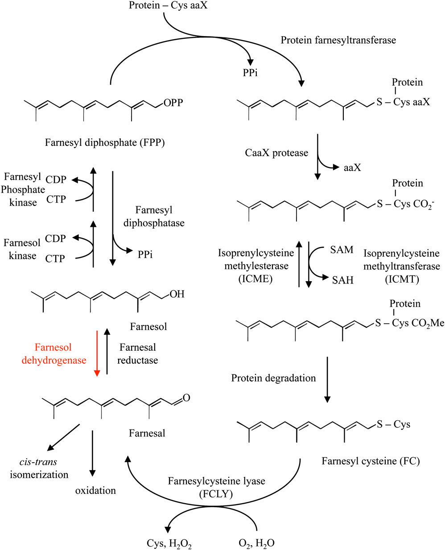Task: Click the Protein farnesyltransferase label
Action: pyautogui.click(x=338, y=40)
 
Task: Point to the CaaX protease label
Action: pyautogui.click(x=276, y=153)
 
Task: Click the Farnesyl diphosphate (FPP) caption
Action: pyautogui.click(x=105, y=143)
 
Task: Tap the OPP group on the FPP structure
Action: pyautogui.click(x=173, y=103)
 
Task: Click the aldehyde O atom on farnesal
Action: pyautogui.click(x=186, y=397)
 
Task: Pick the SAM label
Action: pyautogui.click(x=342, y=250)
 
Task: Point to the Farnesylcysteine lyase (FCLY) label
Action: pyautogui.click(x=216, y=487)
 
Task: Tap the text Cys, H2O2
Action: pyautogui.click(x=169, y=543)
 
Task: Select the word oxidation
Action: pyautogui.click(x=95, y=490)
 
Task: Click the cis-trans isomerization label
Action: pyautogui.click(x=39, y=468)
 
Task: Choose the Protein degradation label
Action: pyautogui.click(x=273, y=378)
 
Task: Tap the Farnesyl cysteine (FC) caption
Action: pyautogui.click(x=371, y=461)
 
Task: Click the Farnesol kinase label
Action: pyautogui.click(x=22, y=249)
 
